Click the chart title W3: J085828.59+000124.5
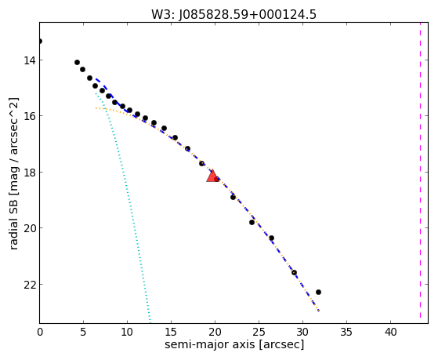pos(233,14)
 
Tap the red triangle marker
pos(213,176)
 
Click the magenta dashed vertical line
pos(420,171)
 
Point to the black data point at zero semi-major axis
pos(40,41)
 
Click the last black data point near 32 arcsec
pos(318,292)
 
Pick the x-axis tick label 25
pos(259,332)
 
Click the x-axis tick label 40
pos(390,332)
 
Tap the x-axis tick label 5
pos(83,332)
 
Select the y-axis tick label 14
pos(29,60)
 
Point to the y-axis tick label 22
pos(29,285)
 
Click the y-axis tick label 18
pos(29,173)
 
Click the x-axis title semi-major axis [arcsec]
pos(234,345)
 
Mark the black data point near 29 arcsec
pos(294,272)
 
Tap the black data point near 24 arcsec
pos(252,223)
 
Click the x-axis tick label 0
pos(40,332)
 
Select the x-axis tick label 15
pos(171,332)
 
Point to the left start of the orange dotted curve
pos(96,107)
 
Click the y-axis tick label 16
pos(29,116)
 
